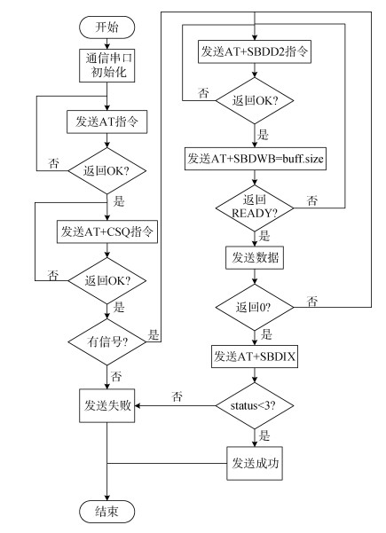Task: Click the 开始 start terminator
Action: click(x=106, y=27)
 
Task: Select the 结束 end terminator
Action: click(x=106, y=511)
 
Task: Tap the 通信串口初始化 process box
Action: click(x=106, y=66)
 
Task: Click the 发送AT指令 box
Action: click(x=106, y=121)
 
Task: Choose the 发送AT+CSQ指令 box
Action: click(x=107, y=231)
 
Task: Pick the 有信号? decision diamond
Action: click(x=107, y=341)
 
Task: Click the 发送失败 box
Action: click(x=106, y=405)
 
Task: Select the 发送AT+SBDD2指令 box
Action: click(x=255, y=51)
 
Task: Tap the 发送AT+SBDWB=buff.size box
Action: click(x=256, y=159)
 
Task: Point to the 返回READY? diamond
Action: click(x=255, y=208)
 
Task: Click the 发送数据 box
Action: click(x=255, y=258)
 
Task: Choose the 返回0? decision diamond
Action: click(x=255, y=307)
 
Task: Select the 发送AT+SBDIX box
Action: click(x=255, y=357)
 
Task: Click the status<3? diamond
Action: click(x=255, y=405)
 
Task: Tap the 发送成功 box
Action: click(x=255, y=463)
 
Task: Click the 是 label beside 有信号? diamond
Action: click(x=154, y=334)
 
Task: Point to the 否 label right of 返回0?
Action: click(x=312, y=301)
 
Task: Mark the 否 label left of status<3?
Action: click(x=177, y=396)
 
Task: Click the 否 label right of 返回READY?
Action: click(x=312, y=200)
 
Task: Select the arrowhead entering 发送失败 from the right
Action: click(x=138, y=405)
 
